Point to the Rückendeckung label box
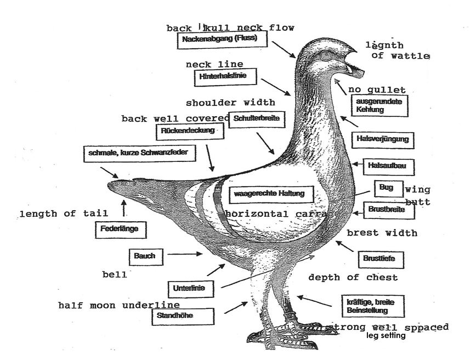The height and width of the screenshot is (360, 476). coord(189,132)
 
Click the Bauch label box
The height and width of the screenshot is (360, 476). coord(144,256)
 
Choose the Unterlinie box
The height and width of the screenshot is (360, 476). coord(185,288)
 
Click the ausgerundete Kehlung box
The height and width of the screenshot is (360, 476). coord(379,105)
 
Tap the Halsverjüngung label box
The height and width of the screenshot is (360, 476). coord(382,139)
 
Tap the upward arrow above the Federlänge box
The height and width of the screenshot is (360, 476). coord(124,208)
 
